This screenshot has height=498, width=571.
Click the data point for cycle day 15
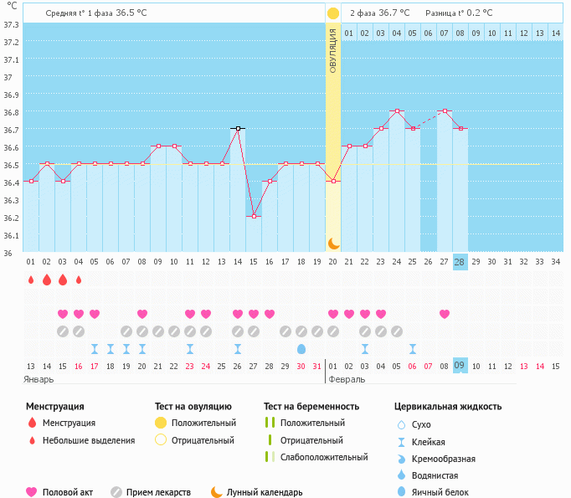(254, 216)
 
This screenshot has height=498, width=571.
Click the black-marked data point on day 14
(238, 129)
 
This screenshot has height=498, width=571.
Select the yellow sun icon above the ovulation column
(333, 13)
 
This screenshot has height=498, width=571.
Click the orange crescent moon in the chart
(333, 243)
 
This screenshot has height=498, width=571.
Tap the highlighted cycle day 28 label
(460, 261)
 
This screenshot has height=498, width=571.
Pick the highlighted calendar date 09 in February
(460, 366)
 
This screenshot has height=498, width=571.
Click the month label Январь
(40, 379)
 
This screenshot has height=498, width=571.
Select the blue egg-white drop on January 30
(301, 348)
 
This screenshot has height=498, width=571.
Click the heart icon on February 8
(444, 314)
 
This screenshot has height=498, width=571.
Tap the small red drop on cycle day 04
(79, 280)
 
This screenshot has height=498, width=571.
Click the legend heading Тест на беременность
(311, 407)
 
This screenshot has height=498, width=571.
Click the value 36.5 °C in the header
(135, 13)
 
